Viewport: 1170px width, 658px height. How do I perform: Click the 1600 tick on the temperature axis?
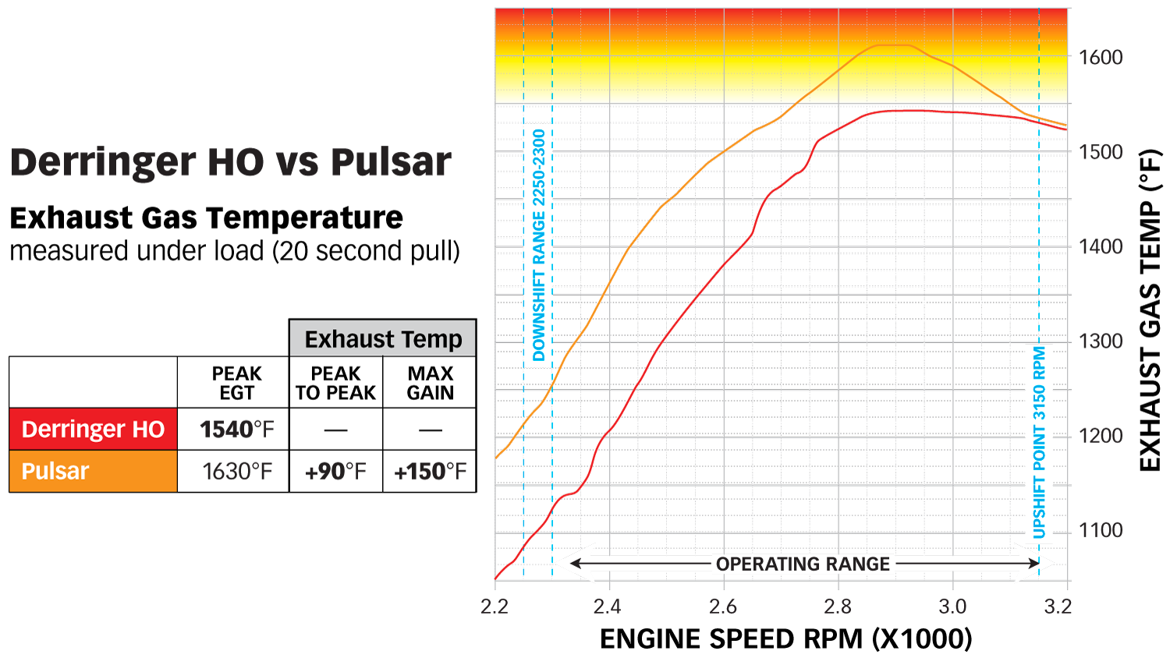pyautogui.click(x=1101, y=57)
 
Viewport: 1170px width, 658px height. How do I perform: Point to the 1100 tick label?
pyautogui.click(x=1101, y=531)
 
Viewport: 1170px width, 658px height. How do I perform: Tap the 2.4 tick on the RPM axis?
pyautogui.click(x=607, y=607)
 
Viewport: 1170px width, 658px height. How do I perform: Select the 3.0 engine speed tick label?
pyautogui.click(x=952, y=607)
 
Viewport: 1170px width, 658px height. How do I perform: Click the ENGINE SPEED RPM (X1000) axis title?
pyautogui.click(x=785, y=639)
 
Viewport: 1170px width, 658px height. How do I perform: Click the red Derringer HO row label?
pyautogui.click(x=93, y=429)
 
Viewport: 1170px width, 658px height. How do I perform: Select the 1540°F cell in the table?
pyautogui.click(x=236, y=429)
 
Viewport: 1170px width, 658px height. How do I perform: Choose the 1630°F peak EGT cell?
pyautogui.click(x=237, y=471)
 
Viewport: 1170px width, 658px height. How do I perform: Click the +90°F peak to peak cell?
pyautogui.click(x=335, y=471)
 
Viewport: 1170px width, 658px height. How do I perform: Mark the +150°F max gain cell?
pyautogui.click(x=430, y=471)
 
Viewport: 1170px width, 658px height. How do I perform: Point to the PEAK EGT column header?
pyautogui.click(x=236, y=383)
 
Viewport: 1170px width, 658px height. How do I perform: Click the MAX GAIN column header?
pyautogui.click(x=430, y=383)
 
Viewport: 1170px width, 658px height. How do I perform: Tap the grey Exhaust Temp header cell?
pyautogui.click(x=383, y=339)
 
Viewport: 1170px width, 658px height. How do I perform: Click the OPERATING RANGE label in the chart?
pyautogui.click(x=803, y=564)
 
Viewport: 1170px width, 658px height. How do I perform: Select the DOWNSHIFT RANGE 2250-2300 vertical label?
pyautogui.click(x=539, y=245)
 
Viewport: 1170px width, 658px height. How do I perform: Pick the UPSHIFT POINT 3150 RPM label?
pyautogui.click(x=1039, y=442)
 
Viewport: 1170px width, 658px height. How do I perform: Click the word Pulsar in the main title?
pyautogui.click(x=391, y=162)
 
